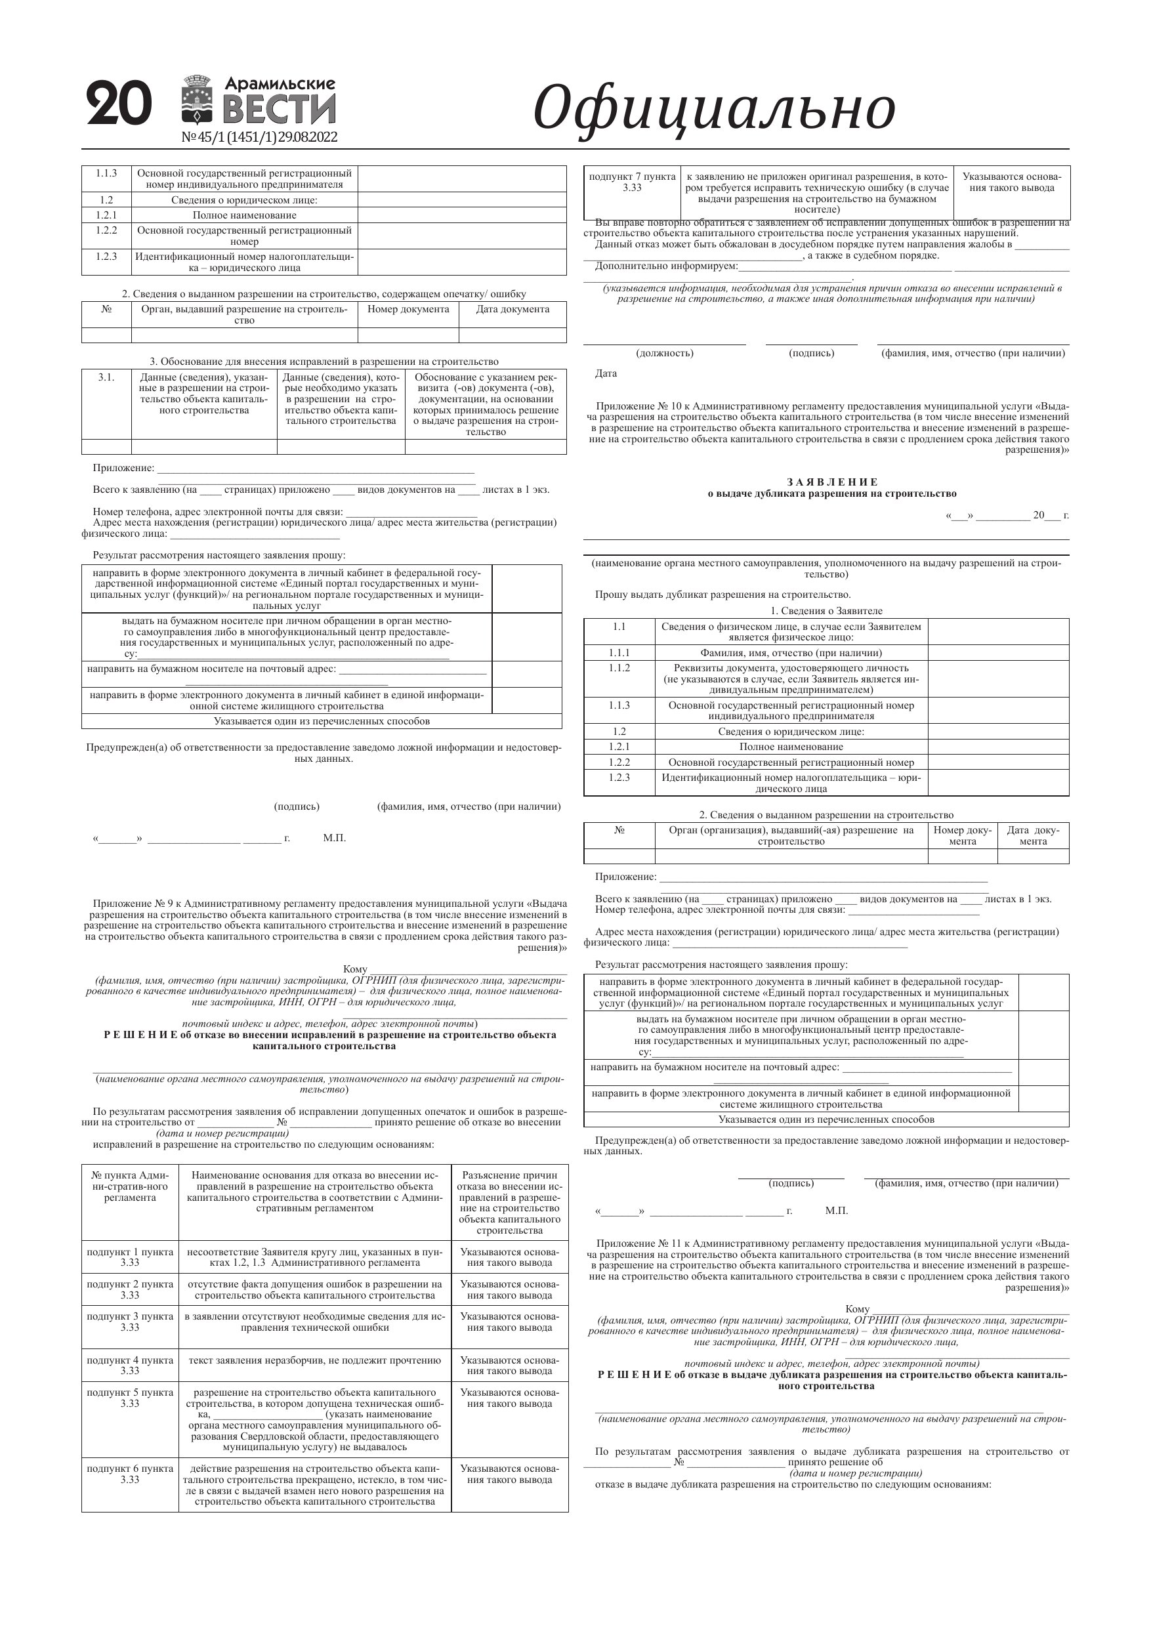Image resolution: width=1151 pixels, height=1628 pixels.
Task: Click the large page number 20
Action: [119, 104]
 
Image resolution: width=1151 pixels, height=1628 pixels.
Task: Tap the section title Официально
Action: [713, 108]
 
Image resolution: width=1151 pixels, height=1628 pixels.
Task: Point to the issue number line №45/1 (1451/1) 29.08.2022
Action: [260, 137]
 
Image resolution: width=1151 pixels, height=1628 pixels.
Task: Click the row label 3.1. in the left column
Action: [106, 377]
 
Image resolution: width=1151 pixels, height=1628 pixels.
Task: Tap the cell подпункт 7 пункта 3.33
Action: [632, 182]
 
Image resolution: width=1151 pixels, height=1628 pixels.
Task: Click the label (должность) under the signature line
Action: [664, 353]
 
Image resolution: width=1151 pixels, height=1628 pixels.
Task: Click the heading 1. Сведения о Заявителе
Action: [826, 610]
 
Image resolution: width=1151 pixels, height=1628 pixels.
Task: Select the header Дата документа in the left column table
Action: [512, 309]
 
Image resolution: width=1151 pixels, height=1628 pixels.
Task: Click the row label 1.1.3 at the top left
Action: [106, 173]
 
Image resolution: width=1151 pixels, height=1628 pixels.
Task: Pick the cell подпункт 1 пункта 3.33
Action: [130, 1257]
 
